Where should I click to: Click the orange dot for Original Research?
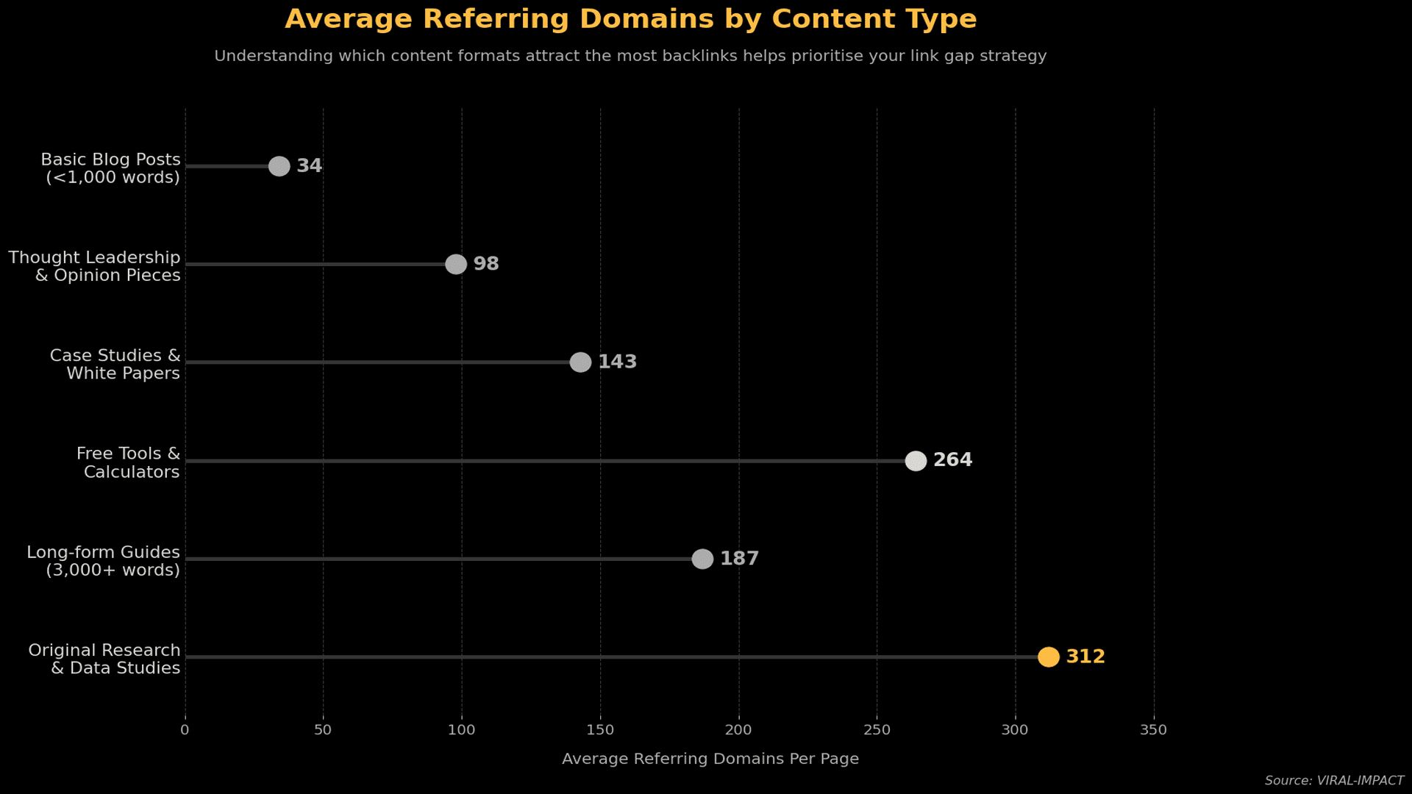(1048, 657)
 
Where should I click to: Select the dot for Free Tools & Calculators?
(916, 461)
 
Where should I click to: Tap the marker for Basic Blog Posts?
(279, 166)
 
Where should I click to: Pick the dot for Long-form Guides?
(702, 559)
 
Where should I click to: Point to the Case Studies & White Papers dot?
(580, 362)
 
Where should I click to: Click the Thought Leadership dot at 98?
(456, 264)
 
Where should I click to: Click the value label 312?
(1085, 657)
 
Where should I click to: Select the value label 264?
(952, 460)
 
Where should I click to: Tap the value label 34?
(310, 166)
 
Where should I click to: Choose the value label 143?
(617, 362)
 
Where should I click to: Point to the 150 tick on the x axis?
(600, 730)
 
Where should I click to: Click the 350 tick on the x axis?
(1153, 730)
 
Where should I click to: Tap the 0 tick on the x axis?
(185, 730)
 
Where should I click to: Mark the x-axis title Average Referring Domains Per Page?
(710, 759)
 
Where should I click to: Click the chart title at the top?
(630, 19)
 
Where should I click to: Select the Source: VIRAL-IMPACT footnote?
(1334, 781)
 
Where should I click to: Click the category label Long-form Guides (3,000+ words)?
(104, 561)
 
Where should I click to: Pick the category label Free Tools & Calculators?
(129, 463)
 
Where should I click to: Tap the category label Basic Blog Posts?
(111, 168)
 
